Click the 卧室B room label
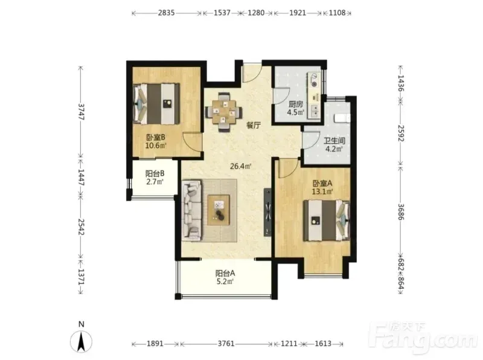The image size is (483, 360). [x=156, y=137]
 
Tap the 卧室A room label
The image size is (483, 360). [x=322, y=184]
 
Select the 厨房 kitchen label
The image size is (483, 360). [x=296, y=104]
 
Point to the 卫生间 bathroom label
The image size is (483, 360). [x=334, y=141]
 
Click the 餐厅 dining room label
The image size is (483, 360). [x=254, y=125]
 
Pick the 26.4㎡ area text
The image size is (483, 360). [x=241, y=167]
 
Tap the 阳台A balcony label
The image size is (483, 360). [x=225, y=273]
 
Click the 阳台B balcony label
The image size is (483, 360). [x=155, y=173]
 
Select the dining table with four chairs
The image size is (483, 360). [x=223, y=112]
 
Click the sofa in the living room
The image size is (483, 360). [x=191, y=210]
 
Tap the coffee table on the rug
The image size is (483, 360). [x=219, y=210]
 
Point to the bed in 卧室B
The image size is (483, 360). [x=156, y=103]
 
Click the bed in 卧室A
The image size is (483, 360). [x=327, y=220]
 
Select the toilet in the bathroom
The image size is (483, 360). [x=342, y=118]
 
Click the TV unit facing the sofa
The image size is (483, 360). [x=267, y=212]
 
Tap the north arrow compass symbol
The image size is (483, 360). [x=82, y=341]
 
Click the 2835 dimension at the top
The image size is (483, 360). [x=167, y=13]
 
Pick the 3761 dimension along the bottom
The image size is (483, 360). [x=226, y=343]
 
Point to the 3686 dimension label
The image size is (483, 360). [x=400, y=211]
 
